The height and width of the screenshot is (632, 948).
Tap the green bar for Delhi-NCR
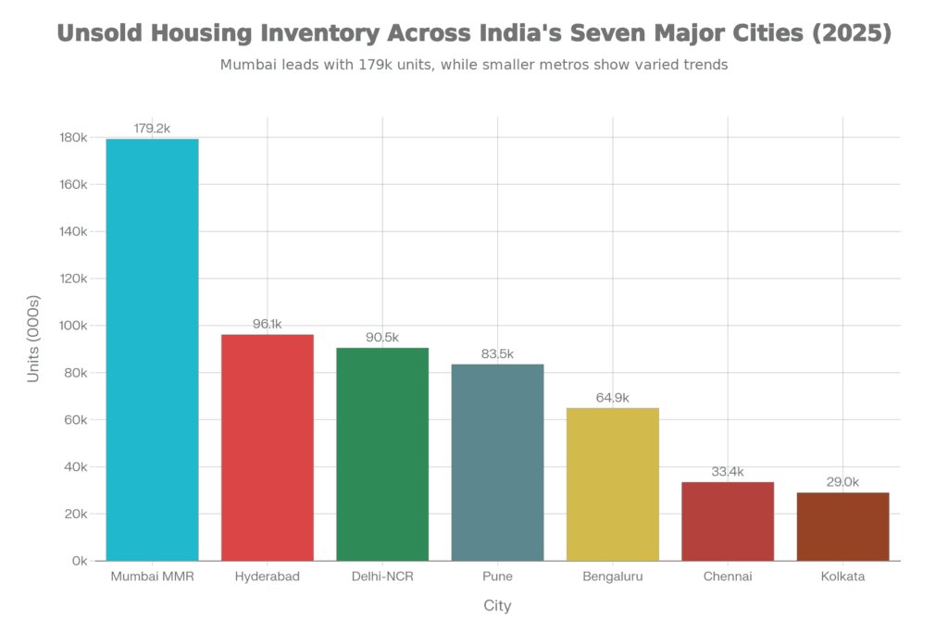(382, 453)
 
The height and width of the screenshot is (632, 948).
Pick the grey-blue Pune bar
(497, 462)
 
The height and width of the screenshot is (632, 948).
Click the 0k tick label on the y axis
(80, 561)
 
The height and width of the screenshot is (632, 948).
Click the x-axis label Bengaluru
(612, 576)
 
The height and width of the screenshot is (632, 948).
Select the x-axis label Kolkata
(842, 576)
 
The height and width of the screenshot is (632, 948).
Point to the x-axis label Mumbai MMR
(152, 576)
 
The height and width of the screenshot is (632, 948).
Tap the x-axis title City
(497, 606)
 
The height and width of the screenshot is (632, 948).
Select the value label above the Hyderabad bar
(267, 324)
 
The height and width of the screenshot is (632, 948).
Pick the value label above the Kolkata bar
(842, 482)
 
